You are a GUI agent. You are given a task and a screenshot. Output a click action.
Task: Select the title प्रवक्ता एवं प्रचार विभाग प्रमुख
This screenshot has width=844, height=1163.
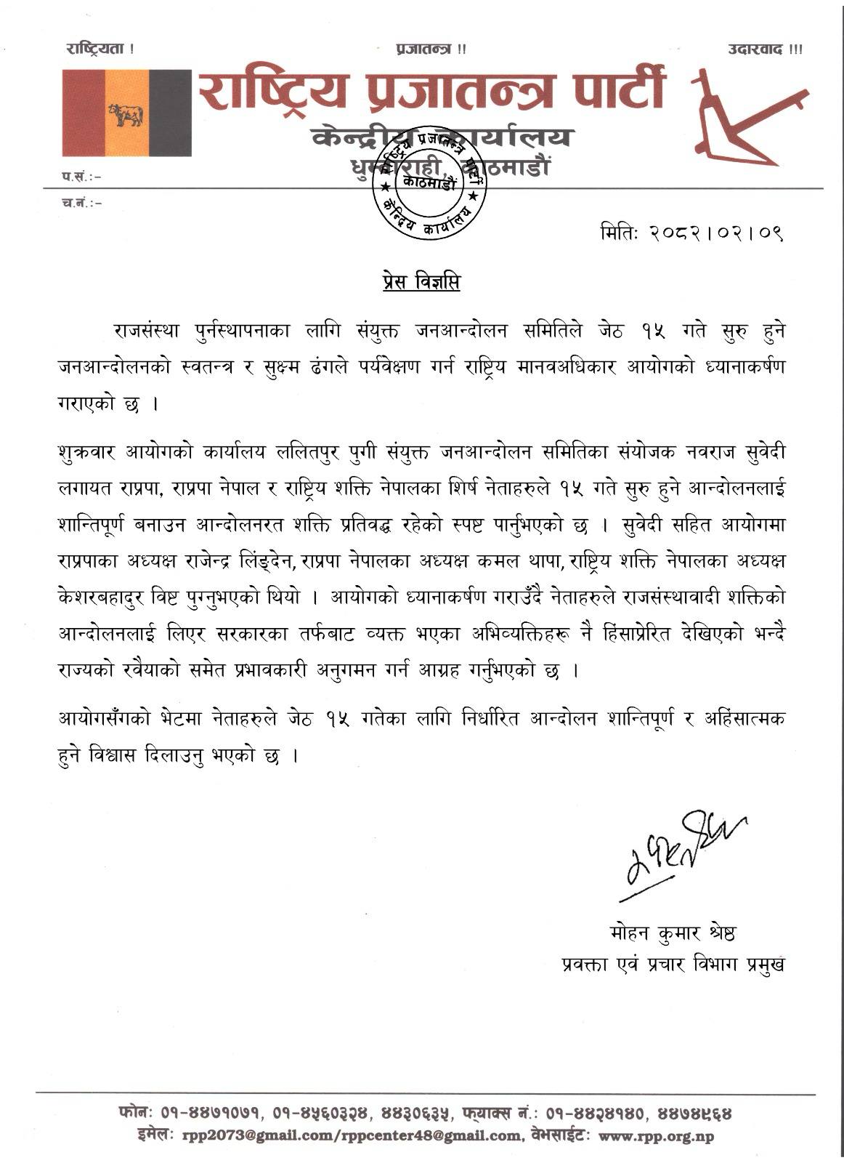point(673,965)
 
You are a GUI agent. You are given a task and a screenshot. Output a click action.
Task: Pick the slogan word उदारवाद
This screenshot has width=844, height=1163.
point(755,49)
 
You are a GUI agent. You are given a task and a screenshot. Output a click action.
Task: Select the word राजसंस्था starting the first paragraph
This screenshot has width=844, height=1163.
point(150,331)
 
